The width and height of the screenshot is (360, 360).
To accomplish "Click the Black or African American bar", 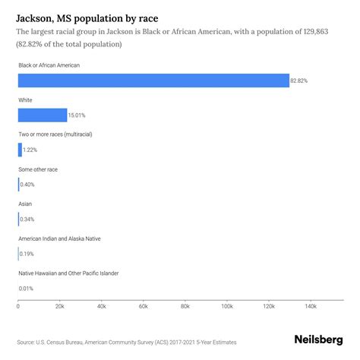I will tap(152, 81).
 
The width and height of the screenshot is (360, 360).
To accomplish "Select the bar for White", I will tap(42, 115).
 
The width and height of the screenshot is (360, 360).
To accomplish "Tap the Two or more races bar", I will tap(20, 150).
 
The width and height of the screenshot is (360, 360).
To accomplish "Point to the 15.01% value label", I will tap(77, 115).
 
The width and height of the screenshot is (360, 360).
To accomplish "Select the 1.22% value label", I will tap(30, 150).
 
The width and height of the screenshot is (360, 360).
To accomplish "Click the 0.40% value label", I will tap(27, 185).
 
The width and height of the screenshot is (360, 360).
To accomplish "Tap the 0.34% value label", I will tap(27, 219).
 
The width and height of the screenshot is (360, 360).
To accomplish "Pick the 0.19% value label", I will tap(27, 254).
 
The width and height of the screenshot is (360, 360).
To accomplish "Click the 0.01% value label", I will tap(27, 288).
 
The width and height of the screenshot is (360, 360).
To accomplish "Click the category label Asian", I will tap(25, 204).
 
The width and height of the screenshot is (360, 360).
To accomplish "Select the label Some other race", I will tap(38, 169).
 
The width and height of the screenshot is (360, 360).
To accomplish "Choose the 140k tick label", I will tap(310, 308).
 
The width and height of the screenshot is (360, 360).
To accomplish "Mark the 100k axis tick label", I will tap(226, 308).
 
